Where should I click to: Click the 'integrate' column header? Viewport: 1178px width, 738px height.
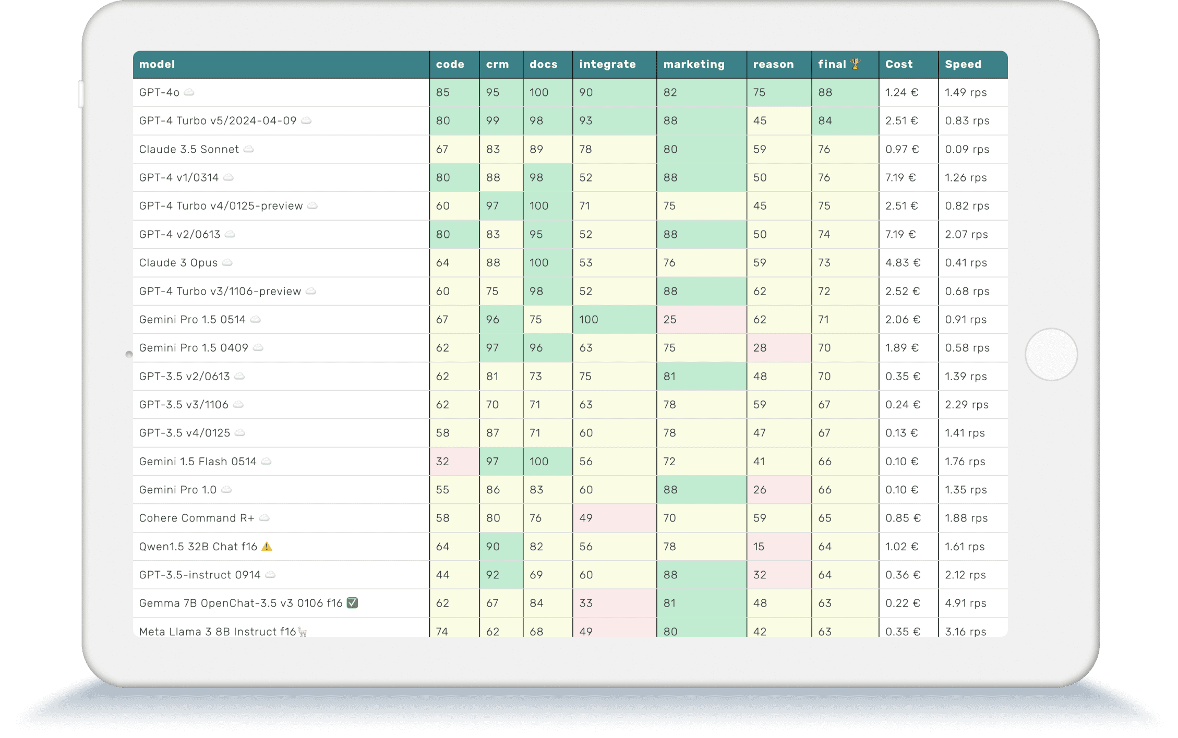[607, 64]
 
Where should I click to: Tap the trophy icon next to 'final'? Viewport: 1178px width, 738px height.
[855, 64]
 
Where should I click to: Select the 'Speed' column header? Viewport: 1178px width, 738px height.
[963, 64]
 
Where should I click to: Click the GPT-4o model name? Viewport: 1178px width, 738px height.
[159, 92]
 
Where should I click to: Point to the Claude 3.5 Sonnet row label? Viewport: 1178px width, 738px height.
[189, 149]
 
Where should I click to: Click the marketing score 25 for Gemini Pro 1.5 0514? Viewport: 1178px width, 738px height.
[670, 319]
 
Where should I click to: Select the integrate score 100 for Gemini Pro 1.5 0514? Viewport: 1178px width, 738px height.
[588, 319]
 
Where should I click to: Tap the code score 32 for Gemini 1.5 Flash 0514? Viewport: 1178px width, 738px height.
[442, 461]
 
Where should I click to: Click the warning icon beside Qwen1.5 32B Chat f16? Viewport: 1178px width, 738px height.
[267, 547]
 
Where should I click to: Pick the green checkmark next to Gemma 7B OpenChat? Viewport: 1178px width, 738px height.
[352, 603]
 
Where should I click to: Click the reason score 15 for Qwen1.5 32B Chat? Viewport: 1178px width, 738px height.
[759, 547]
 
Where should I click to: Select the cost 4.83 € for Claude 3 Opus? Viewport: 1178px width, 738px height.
[903, 262]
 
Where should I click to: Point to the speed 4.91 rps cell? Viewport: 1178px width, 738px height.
[965, 603]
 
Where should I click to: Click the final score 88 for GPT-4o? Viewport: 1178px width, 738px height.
[825, 92]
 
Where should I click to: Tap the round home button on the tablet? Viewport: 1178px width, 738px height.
[1051, 355]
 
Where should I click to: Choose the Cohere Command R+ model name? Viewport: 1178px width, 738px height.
[197, 518]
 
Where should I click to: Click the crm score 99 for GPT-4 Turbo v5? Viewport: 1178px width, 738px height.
[492, 120]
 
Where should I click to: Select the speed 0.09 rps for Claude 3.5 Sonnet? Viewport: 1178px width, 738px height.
[967, 149]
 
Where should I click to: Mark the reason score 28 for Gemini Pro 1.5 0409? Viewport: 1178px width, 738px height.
[760, 347]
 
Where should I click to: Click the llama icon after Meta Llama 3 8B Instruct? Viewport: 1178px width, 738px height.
[303, 632]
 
